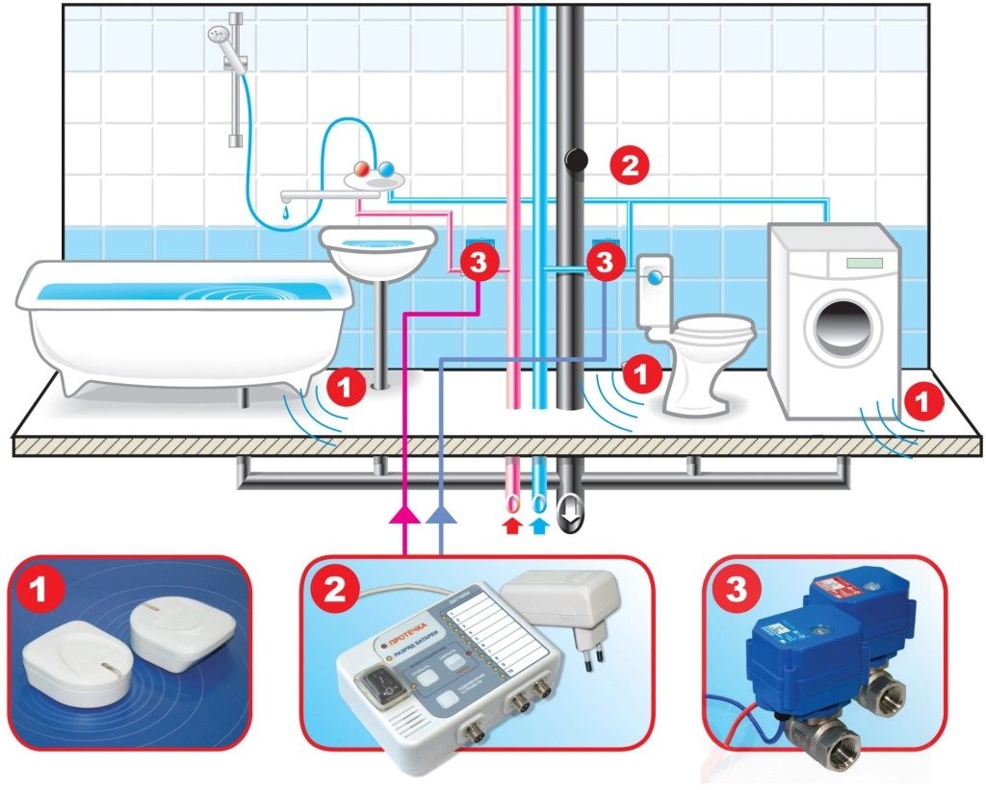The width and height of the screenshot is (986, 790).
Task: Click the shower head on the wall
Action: [218, 37]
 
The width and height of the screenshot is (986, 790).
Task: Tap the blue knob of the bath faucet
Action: [387, 170]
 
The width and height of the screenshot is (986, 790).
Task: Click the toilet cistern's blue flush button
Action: [656, 275]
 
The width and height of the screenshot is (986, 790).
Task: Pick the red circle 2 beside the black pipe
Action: [630, 165]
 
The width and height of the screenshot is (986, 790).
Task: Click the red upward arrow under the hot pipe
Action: [512, 524]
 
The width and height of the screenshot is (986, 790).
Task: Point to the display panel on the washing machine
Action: [863, 263]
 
